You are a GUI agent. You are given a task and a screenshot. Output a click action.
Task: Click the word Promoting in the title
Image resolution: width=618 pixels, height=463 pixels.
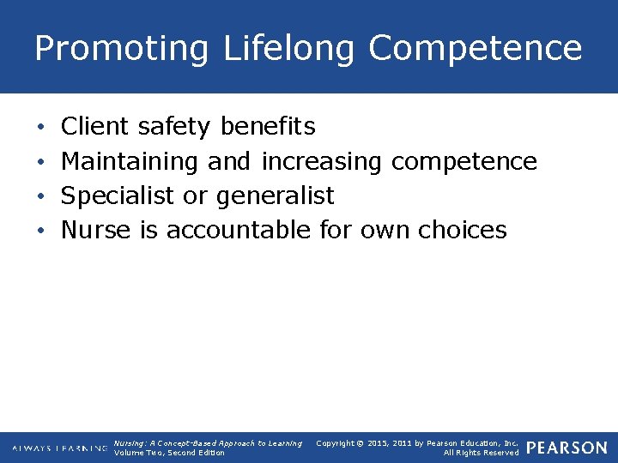(121, 49)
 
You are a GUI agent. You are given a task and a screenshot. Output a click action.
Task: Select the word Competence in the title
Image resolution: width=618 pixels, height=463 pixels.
(476, 49)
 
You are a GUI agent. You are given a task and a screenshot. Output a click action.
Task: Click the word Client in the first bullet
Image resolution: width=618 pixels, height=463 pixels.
(94, 127)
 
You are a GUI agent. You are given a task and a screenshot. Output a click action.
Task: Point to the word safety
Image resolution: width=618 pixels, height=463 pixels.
(173, 127)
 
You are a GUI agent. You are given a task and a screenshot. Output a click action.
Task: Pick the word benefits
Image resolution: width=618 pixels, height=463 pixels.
(268, 127)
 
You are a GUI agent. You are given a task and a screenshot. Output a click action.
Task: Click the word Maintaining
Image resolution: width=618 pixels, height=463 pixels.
(130, 161)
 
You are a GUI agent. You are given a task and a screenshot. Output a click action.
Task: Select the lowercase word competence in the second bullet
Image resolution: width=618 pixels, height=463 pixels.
(464, 161)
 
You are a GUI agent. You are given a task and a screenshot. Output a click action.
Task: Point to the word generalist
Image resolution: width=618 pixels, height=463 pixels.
(275, 195)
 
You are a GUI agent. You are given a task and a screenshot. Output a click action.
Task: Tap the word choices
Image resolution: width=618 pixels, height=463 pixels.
(463, 230)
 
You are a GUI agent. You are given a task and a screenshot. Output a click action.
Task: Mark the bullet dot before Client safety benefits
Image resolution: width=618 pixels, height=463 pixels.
(42, 128)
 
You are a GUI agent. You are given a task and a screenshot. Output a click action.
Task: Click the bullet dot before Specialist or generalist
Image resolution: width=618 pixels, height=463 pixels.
(42, 196)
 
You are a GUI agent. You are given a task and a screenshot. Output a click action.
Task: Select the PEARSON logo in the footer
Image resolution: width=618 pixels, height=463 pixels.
(566, 448)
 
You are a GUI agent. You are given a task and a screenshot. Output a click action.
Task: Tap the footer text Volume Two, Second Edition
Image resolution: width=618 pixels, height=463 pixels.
(169, 453)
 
